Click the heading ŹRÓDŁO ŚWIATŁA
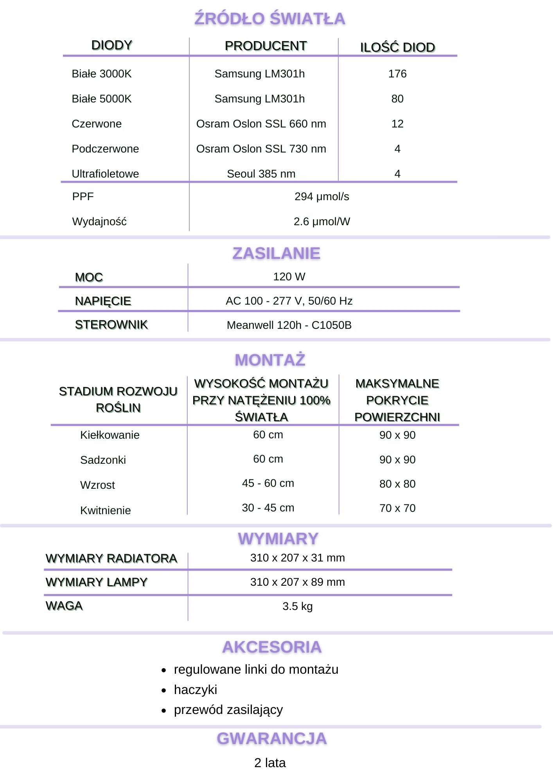tap(270, 19)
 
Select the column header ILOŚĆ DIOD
tap(397, 47)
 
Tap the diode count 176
tap(397, 74)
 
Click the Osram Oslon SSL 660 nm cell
tap(261, 124)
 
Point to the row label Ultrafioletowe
tap(105, 174)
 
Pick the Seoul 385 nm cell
tap(261, 174)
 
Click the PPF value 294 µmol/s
tap(321, 196)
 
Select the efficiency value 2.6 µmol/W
tap(321, 222)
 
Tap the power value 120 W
tap(289, 277)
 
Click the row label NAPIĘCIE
tap(103, 301)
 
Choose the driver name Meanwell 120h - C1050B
tap(289, 325)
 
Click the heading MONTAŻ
tap(270, 360)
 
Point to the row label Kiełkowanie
tap(110, 435)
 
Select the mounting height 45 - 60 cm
tap(268, 483)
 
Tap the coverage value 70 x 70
tap(397, 508)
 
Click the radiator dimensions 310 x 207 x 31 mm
tap(297, 558)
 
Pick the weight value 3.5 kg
tap(297, 606)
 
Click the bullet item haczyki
tap(195, 690)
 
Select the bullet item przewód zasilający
tap(228, 710)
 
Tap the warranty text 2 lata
tap(270, 763)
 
